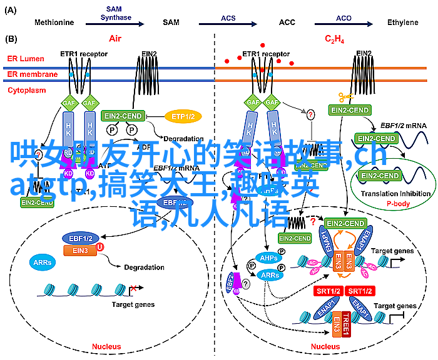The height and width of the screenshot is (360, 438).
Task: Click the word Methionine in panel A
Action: [54, 22]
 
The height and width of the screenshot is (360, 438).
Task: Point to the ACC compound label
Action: [287, 22]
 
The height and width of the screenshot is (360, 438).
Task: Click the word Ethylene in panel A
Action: [402, 22]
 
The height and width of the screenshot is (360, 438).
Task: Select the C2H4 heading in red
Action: [334, 39]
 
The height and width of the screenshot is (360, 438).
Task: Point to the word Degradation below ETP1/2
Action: [183, 139]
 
